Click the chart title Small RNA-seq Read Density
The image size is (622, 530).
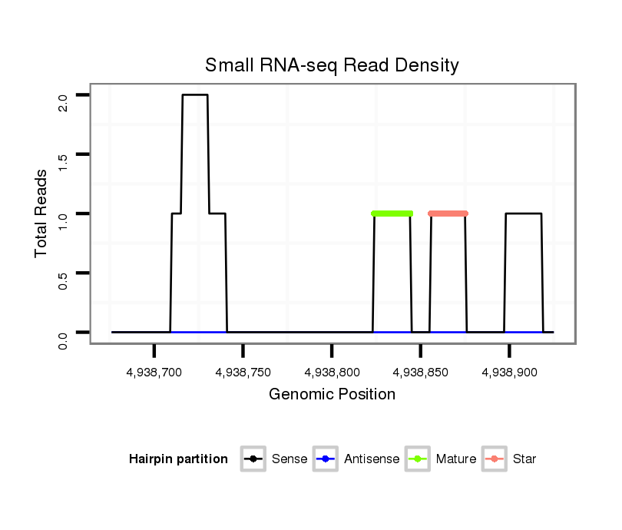pos(332,65)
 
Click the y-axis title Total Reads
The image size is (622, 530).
pos(43,214)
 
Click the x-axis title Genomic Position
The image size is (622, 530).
pos(332,395)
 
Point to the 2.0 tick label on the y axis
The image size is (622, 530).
pos(63,101)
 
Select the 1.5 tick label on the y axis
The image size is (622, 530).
pos(63,161)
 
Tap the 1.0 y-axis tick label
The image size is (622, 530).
pos(63,220)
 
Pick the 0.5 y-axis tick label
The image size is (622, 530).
pos(63,279)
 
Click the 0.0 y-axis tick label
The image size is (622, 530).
pos(63,338)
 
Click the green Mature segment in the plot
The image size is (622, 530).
pos(392,214)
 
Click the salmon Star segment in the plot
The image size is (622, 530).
pos(448,214)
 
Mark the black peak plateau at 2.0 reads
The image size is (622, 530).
pos(195,95)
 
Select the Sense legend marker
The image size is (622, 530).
pos(253,459)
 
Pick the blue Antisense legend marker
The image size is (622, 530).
pos(325,459)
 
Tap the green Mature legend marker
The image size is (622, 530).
pos(417,459)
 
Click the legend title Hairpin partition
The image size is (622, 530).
pos(178,459)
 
